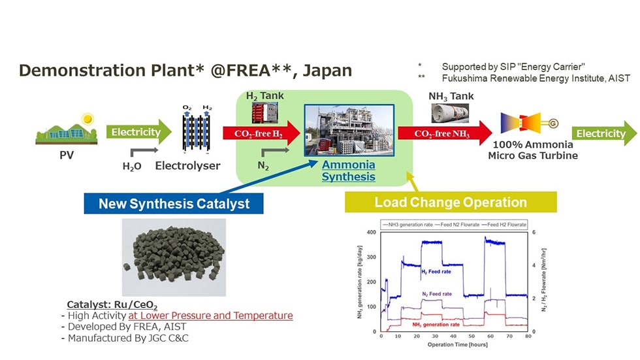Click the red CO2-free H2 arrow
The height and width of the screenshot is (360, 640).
(260, 134)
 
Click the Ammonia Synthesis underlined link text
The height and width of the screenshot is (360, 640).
(349, 171)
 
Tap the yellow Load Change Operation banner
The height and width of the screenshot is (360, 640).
(451, 203)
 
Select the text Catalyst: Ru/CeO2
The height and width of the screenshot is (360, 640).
(112, 305)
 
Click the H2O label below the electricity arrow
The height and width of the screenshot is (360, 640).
(132, 167)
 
